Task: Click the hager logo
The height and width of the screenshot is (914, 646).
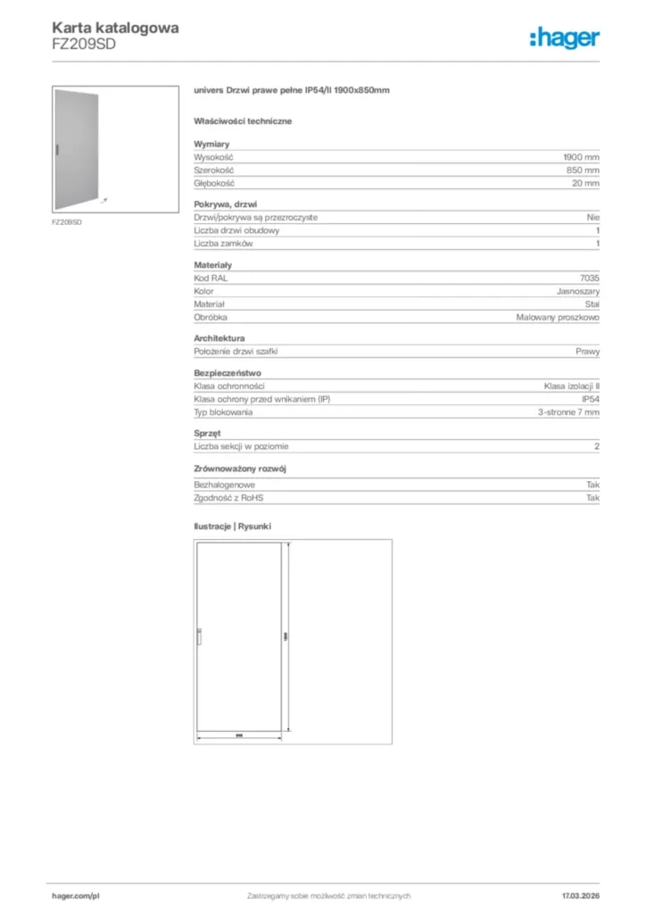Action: pos(564,37)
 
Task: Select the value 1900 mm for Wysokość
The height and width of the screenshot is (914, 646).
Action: pos(582,156)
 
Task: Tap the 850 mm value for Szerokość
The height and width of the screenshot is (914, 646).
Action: pos(584,170)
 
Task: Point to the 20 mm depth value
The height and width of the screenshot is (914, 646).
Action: pos(586,183)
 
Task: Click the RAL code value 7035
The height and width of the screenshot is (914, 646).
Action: pos(590,278)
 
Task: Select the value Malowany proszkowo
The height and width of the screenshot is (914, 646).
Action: pos(559,317)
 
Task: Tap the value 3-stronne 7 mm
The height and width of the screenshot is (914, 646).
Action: pos(569,412)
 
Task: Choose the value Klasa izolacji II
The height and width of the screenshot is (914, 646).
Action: pos(572,386)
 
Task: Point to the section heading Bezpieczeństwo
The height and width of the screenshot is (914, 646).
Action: pos(228,373)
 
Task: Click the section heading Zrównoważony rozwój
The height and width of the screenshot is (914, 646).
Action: pos(240,469)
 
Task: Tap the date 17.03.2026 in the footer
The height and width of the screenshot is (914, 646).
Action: pos(581,895)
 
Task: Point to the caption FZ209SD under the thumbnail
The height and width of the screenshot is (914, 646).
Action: pos(67,222)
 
